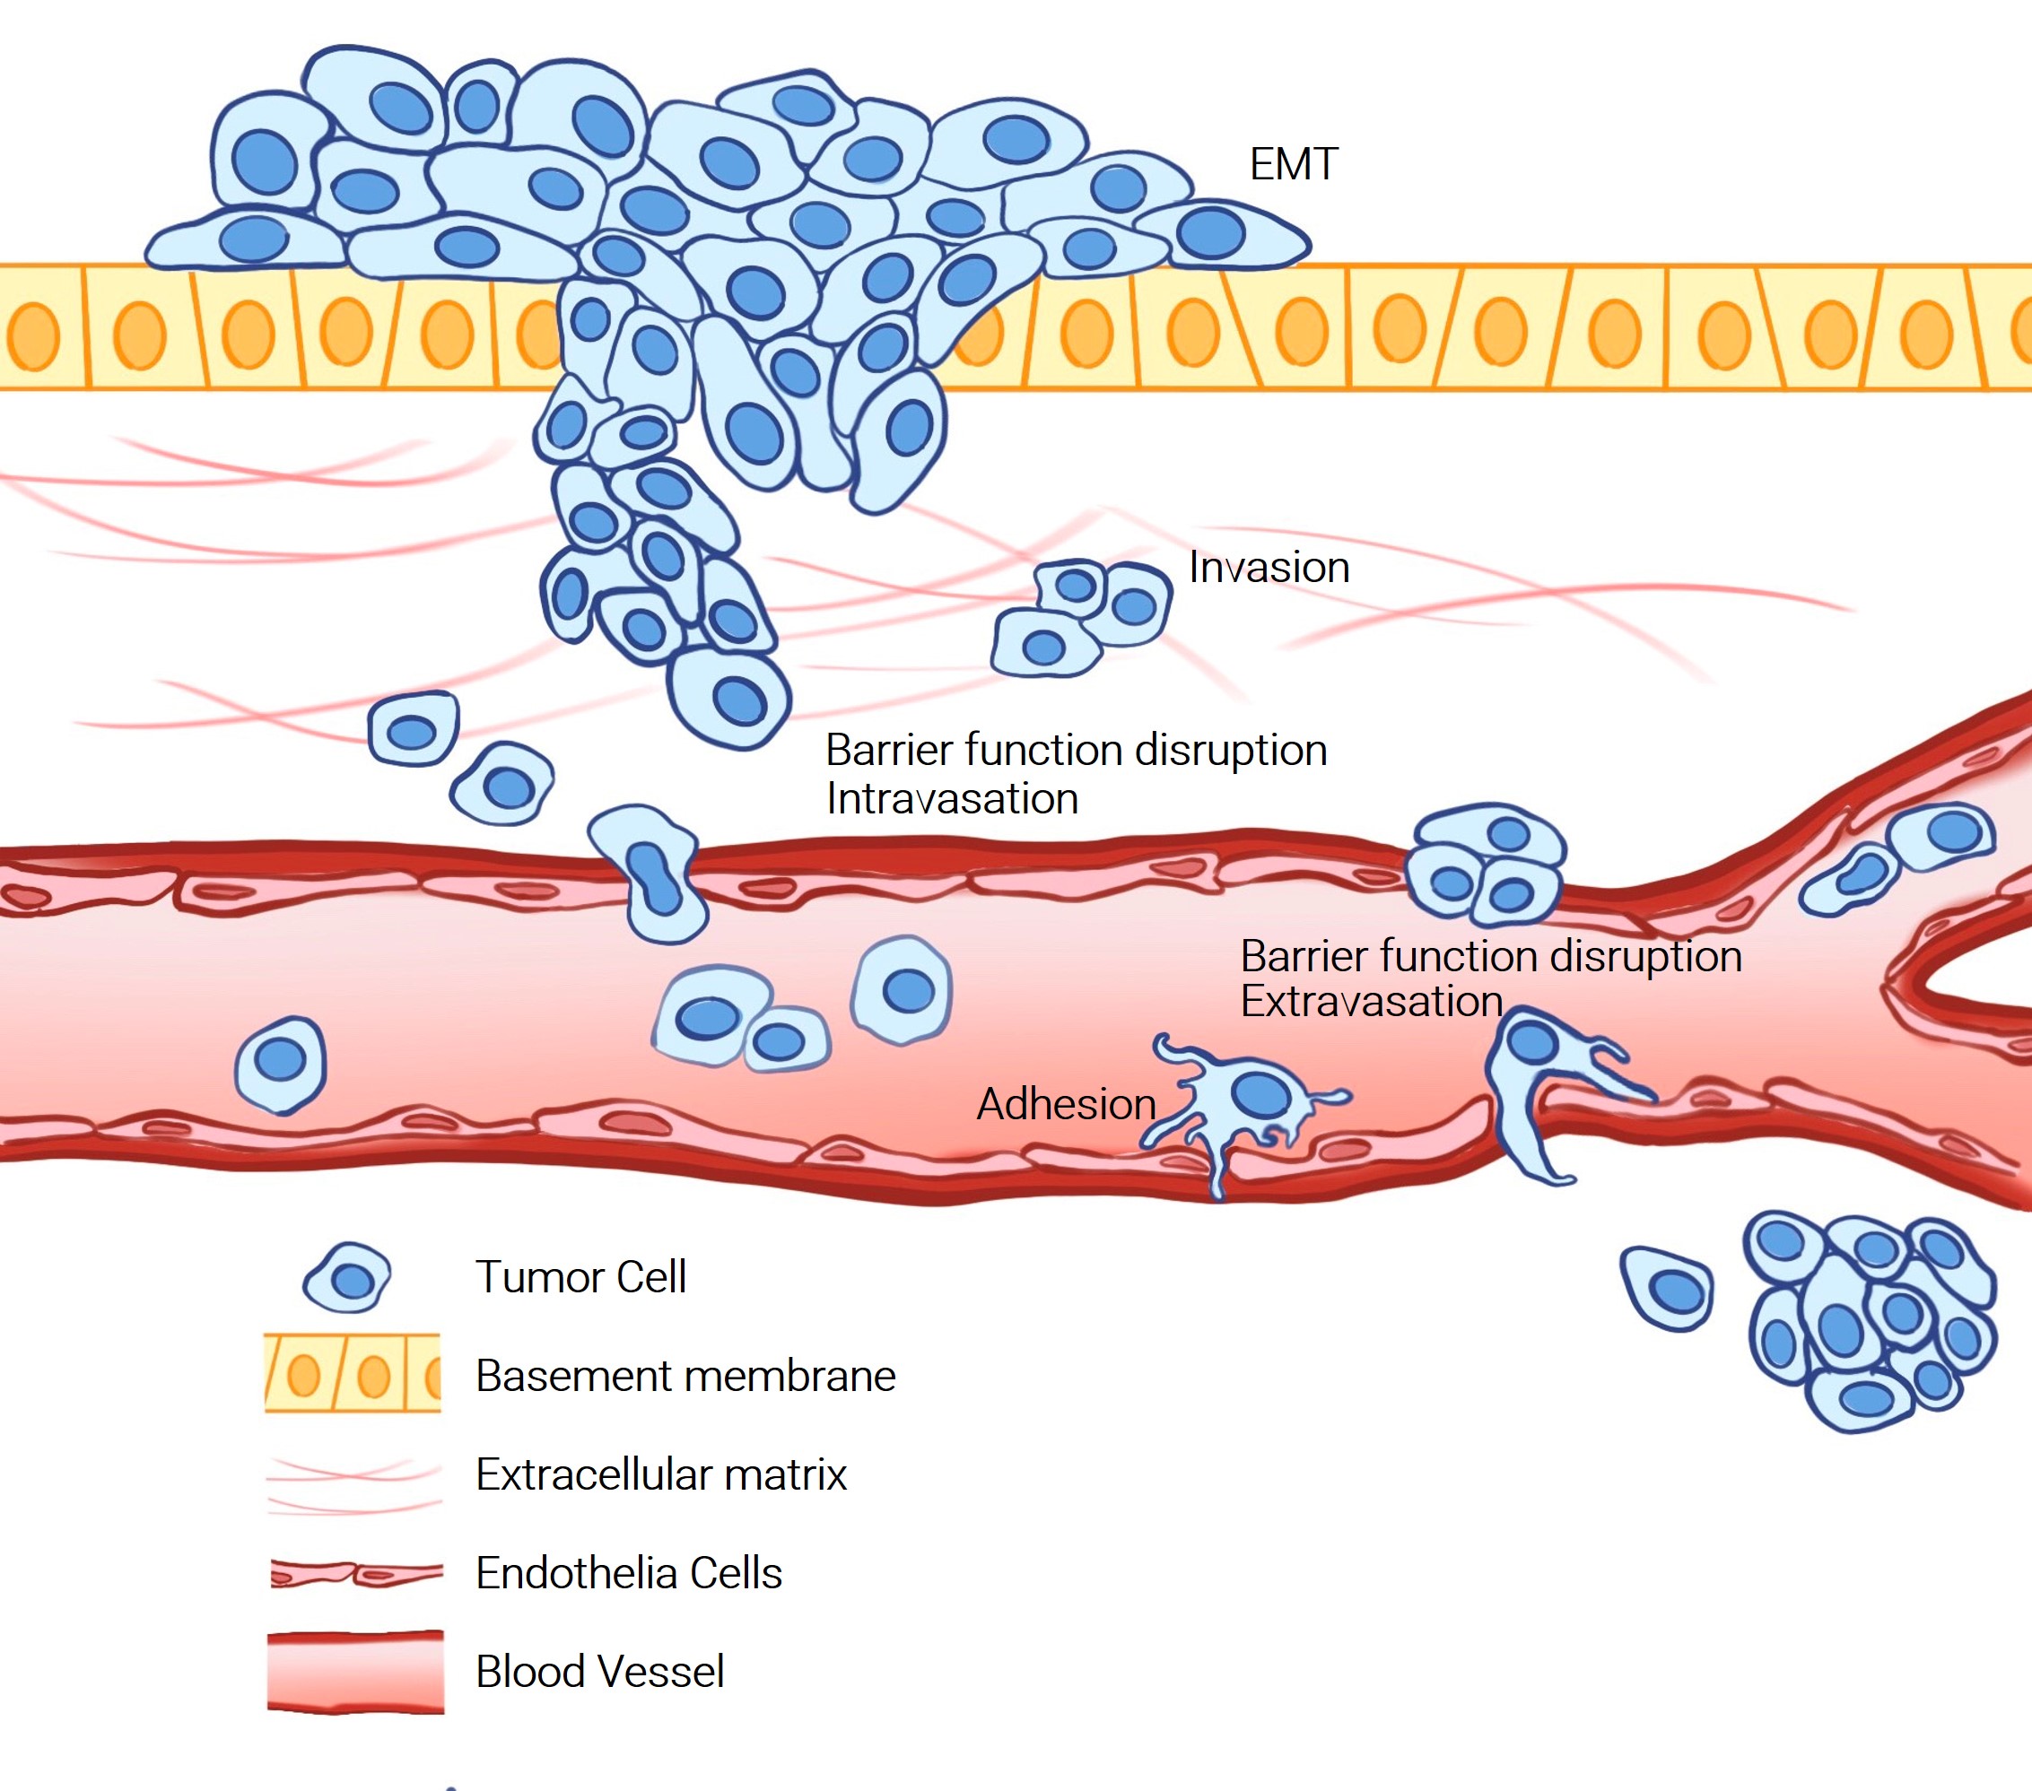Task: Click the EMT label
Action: tap(1293, 164)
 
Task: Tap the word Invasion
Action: tap(1269, 568)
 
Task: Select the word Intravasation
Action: tap(951, 799)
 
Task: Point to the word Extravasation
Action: tap(1371, 1001)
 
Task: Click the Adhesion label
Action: tap(1066, 1104)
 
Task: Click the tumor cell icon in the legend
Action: tap(347, 1278)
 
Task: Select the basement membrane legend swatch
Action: tap(352, 1374)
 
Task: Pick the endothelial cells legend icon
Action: tap(356, 1573)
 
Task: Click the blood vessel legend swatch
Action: tap(355, 1673)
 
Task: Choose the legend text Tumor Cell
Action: tap(580, 1277)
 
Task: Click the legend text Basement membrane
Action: tap(685, 1377)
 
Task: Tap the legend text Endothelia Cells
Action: tap(628, 1573)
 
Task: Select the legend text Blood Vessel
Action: tap(599, 1672)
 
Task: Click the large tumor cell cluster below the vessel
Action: tap(1869, 1320)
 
